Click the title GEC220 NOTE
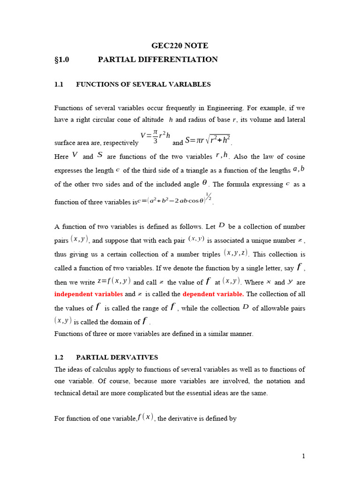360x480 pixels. (x=180, y=45)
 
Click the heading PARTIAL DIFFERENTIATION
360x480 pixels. (x=157, y=60)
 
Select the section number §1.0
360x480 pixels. (x=62, y=60)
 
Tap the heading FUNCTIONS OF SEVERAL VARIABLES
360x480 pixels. (x=143, y=84)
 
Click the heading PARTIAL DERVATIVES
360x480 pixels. (x=117, y=357)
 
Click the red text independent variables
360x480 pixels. (x=89, y=294)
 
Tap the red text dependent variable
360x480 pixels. (x=213, y=294)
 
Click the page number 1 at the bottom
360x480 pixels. (x=304, y=456)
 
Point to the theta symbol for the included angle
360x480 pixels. (x=205, y=183)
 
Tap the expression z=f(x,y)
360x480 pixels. (x=114, y=281)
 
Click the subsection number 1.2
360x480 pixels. (x=59, y=357)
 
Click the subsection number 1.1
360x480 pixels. (x=59, y=84)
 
